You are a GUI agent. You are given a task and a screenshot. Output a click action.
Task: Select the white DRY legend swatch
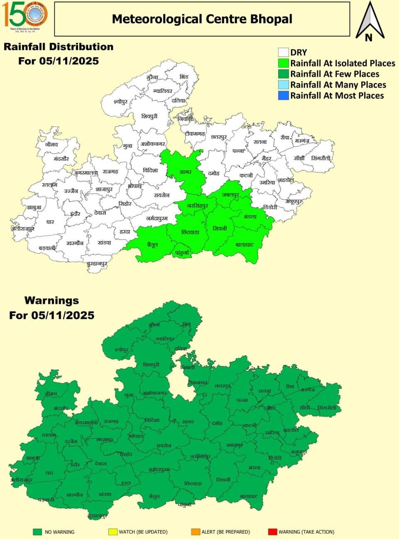[284, 52]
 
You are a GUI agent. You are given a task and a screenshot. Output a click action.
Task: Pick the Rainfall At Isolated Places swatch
[284, 63]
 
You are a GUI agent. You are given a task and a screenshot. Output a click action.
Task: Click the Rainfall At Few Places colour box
[284, 74]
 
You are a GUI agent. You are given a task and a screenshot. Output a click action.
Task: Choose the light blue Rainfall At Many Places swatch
[284, 85]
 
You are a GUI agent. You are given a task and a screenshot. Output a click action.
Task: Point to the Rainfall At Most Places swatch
[284, 95]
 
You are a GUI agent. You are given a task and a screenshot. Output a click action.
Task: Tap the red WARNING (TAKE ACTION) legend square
[272, 532]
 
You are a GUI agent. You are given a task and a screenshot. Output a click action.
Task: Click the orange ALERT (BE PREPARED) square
[196, 532]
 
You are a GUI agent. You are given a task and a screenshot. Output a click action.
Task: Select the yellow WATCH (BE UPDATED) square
[112, 532]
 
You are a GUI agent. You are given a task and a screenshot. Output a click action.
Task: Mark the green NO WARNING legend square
[38, 532]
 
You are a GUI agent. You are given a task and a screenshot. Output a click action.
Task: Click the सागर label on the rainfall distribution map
[185, 172]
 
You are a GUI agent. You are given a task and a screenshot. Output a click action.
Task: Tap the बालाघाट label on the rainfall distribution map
[244, 245]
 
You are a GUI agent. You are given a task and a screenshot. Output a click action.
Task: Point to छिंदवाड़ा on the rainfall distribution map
[190, 232]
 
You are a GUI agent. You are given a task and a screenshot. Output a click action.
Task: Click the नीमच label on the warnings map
[51, 393]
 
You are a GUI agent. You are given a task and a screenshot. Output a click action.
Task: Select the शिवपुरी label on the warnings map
[150, 364]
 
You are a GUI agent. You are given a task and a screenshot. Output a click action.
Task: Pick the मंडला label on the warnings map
[254, 468]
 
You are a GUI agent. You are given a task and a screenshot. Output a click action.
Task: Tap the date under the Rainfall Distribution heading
[58, 61]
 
